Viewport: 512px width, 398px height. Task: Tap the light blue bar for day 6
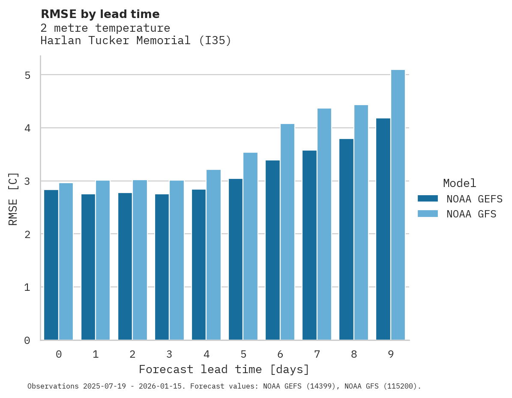(x=287, y=232)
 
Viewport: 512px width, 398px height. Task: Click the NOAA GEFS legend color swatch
(x=428, y=199)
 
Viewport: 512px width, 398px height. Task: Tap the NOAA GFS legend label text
(x=471, y=214)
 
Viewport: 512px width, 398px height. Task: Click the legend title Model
(x=459, y=183)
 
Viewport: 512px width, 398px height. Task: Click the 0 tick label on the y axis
(x=27, y=341)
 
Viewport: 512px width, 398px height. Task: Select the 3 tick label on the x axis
(x=169, y=354)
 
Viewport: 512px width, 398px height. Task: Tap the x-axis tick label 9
(x=390, y=354)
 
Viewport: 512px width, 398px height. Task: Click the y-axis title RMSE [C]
(x=14, y=199)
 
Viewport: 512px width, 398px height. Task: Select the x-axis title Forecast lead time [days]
(x=224, y=369)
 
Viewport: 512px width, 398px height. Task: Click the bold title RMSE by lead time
(x=100, y=14)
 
